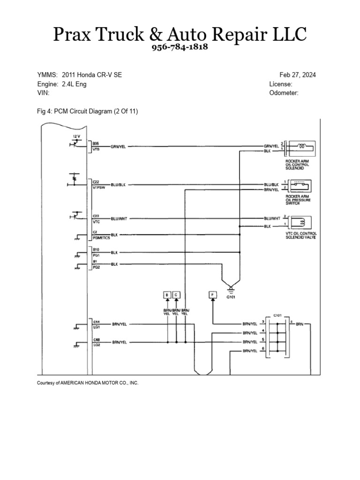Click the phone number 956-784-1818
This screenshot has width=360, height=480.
[180, 48]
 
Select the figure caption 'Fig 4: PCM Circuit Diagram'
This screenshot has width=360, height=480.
[87, 111]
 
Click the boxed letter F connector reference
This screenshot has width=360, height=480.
[213, 295]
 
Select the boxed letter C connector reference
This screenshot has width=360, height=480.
[176, 295]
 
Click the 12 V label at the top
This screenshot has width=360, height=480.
[77, 136]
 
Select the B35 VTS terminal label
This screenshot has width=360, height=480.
[96, 146]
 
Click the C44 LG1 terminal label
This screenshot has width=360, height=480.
[96, 324]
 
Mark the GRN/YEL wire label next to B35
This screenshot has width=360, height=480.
[118, 146]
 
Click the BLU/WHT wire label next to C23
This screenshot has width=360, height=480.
[118, 219]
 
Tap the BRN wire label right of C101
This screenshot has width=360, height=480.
[300, 324]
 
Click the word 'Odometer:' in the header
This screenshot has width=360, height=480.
[284, 93]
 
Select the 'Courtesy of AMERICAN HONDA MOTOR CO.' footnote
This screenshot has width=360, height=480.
[88, 383]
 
